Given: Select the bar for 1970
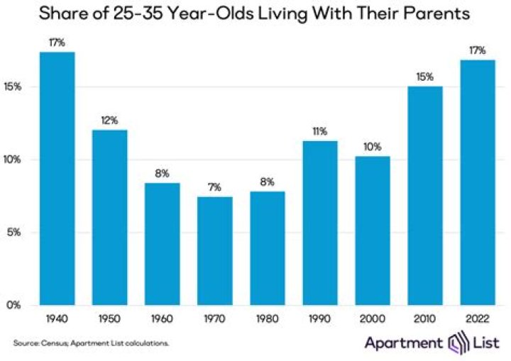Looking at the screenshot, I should coord(215,251).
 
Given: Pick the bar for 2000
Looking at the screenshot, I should coord(373,231).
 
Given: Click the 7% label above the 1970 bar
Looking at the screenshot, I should coord(215,187).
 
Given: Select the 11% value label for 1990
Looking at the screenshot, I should coord(319,130).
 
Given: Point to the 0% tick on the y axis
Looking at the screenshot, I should coord(16,306).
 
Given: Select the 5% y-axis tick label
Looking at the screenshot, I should coord(16,233).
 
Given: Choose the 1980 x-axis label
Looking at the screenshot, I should coord(267,318).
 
